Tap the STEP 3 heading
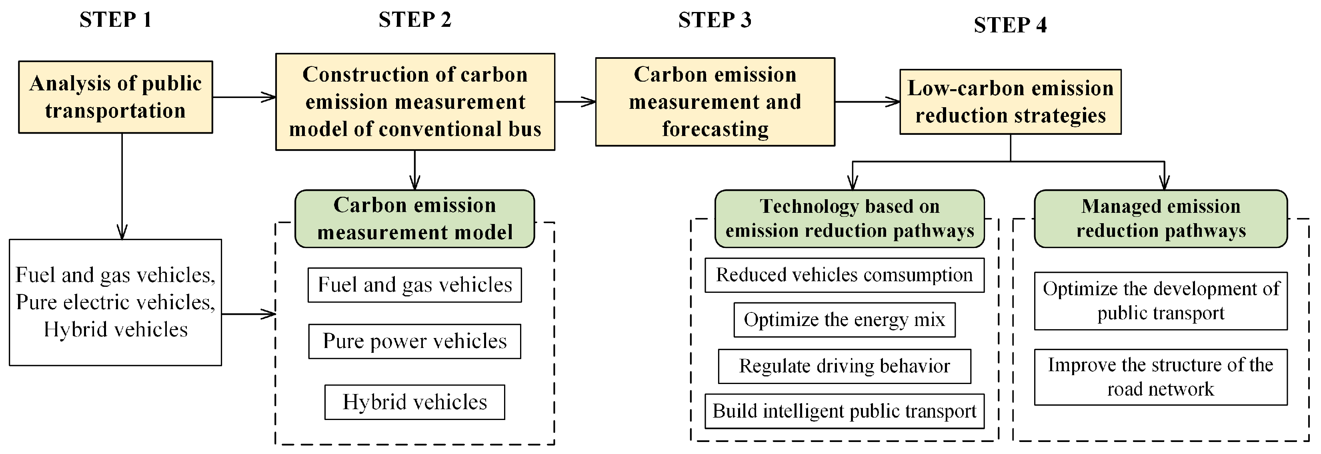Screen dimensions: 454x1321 715,20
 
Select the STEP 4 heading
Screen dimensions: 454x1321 1010,25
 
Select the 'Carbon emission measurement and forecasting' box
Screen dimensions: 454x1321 715,102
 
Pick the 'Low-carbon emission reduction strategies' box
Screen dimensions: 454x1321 1010,102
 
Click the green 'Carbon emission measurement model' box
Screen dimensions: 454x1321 414,218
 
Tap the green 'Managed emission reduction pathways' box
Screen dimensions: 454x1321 1161,218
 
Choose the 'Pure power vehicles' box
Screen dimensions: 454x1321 414,341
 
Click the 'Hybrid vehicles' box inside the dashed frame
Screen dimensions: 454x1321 414,402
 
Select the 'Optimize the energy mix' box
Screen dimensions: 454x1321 844,320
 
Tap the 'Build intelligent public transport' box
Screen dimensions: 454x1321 844,411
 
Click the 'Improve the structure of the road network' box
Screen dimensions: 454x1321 1161,377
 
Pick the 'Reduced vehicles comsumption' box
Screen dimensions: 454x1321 844,275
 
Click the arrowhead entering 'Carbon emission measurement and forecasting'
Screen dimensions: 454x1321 590,102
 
